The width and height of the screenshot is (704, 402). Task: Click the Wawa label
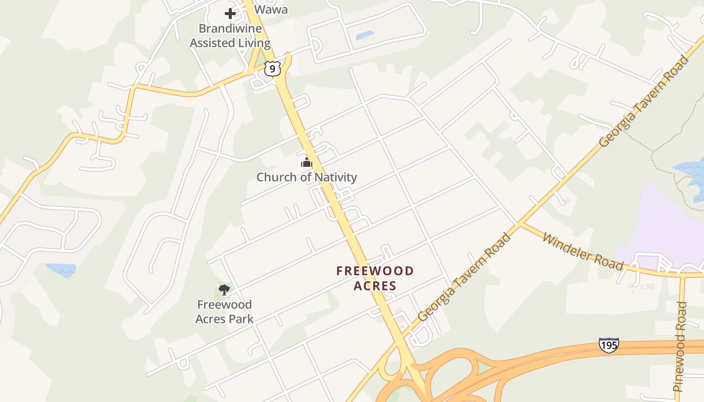271,10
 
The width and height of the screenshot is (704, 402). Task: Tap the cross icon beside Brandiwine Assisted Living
230,14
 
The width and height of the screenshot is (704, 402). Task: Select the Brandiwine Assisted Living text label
230,36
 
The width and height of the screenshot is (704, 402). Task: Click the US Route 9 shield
272,68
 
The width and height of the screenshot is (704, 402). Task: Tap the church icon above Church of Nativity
307,162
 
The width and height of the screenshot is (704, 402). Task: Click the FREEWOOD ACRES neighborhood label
375,278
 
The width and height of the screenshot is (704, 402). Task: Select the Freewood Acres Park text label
224,312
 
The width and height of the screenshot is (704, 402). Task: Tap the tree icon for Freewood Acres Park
224,289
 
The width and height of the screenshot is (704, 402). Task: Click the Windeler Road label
582,251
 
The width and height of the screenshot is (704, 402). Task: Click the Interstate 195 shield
608,345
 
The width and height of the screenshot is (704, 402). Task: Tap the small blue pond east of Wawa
365,36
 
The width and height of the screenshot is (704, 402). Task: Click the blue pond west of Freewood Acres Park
62,269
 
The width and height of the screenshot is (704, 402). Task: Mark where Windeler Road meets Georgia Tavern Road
519,224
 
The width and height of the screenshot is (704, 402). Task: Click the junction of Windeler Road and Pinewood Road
682,274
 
